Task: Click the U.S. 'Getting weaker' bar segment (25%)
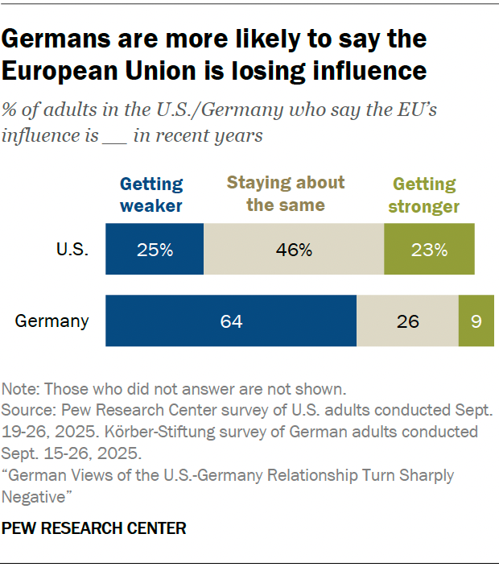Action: click(155, 250)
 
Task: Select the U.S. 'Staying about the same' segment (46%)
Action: click(294, 250)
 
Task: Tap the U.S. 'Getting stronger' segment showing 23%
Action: click(429, 250)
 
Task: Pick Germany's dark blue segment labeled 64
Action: click(231, 321)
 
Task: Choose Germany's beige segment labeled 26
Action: click(407, 321)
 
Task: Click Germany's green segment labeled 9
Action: click(476, 321)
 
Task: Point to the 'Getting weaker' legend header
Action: click(151, 195)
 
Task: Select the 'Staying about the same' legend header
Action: click(286, 193)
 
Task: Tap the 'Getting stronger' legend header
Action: click(424, 195)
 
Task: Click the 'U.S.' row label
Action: click(72, 250)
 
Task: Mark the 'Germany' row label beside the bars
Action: click(52, 321)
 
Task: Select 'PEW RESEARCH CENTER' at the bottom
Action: click(94, 528)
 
